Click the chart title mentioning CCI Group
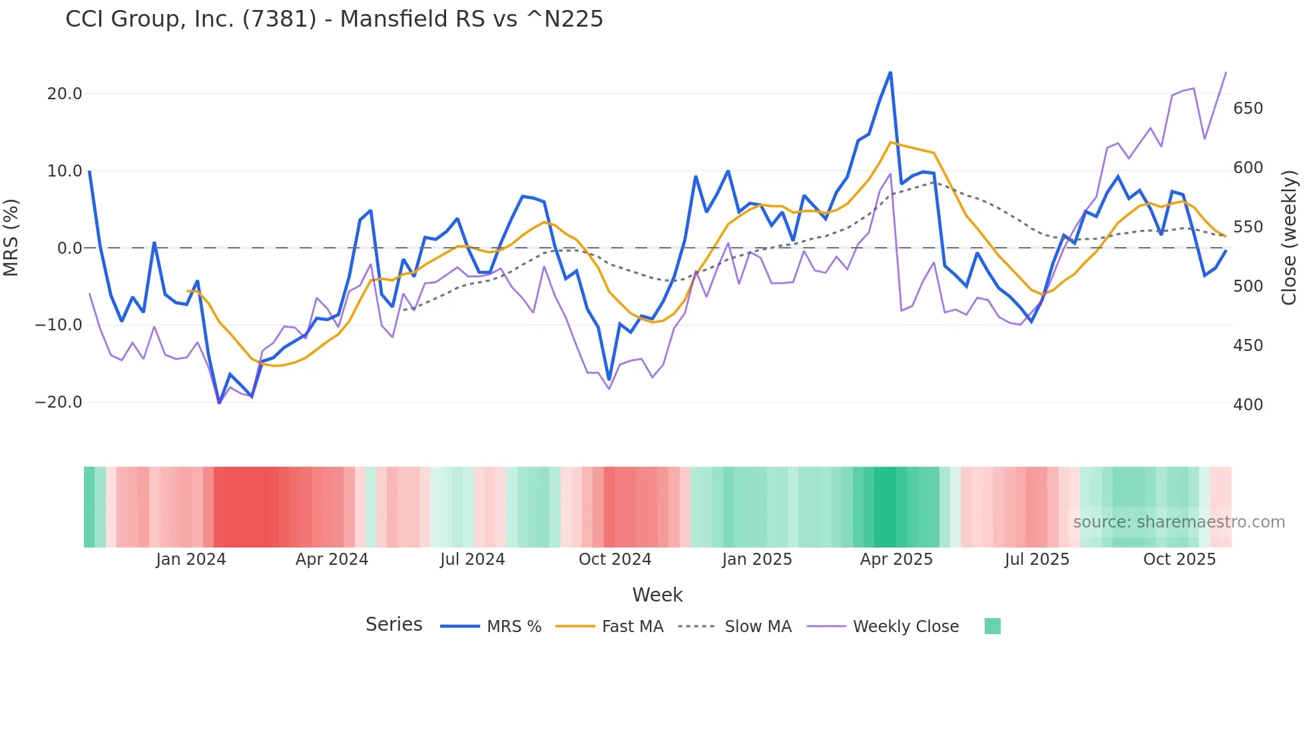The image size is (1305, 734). [x=334, y=19]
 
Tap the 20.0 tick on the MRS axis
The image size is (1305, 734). [x=65, y=94]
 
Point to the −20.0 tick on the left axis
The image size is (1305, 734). [x=59, y=402]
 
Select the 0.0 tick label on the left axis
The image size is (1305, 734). [x=69, y=248]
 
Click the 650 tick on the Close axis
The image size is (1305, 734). [x=1248, y=109]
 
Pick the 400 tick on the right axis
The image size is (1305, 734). [x=1248, y=405]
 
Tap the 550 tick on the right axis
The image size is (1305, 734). [x=1248, y=227]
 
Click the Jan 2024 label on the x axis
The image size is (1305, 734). [x=191, y=559]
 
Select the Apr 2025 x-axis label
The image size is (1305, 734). [x=896, y=559]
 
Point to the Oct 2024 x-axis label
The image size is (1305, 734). [x=615, y=559]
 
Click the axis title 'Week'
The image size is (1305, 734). [x=657, y=595]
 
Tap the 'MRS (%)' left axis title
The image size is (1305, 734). [x=11, y=237]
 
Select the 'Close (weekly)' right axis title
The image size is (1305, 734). [x=1289, y=238]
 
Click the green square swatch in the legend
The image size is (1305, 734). [x=992, y=626]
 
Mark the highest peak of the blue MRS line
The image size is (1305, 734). [x=890, y=73]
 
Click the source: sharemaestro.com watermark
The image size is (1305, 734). [x=1178, y=522]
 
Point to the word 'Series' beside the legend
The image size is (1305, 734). [x=393, y=625]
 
